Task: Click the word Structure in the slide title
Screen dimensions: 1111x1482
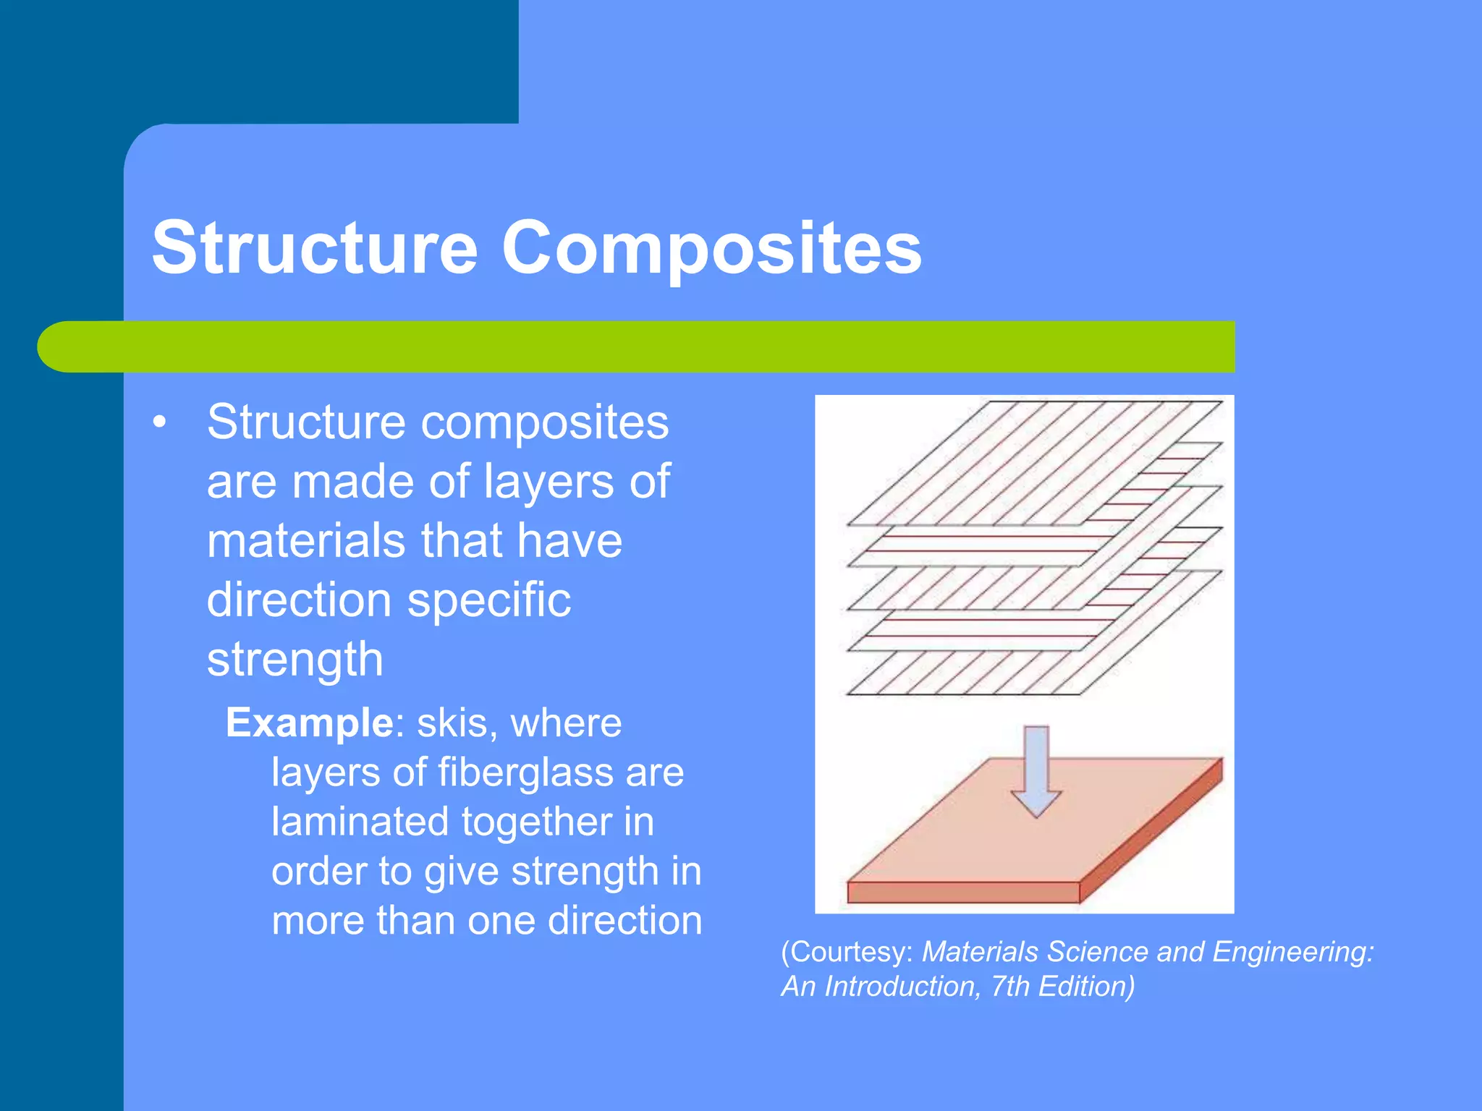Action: [315, 248]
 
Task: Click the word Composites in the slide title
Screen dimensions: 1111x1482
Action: [711, 248]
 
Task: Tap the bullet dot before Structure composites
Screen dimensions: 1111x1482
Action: [160, 422]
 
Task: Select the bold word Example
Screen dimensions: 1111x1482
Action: [309, 723]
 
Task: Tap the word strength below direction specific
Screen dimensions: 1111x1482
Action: [295, 659]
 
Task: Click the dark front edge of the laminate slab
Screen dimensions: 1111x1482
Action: [962, 893]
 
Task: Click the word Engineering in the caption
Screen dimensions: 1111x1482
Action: [1292, 952]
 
